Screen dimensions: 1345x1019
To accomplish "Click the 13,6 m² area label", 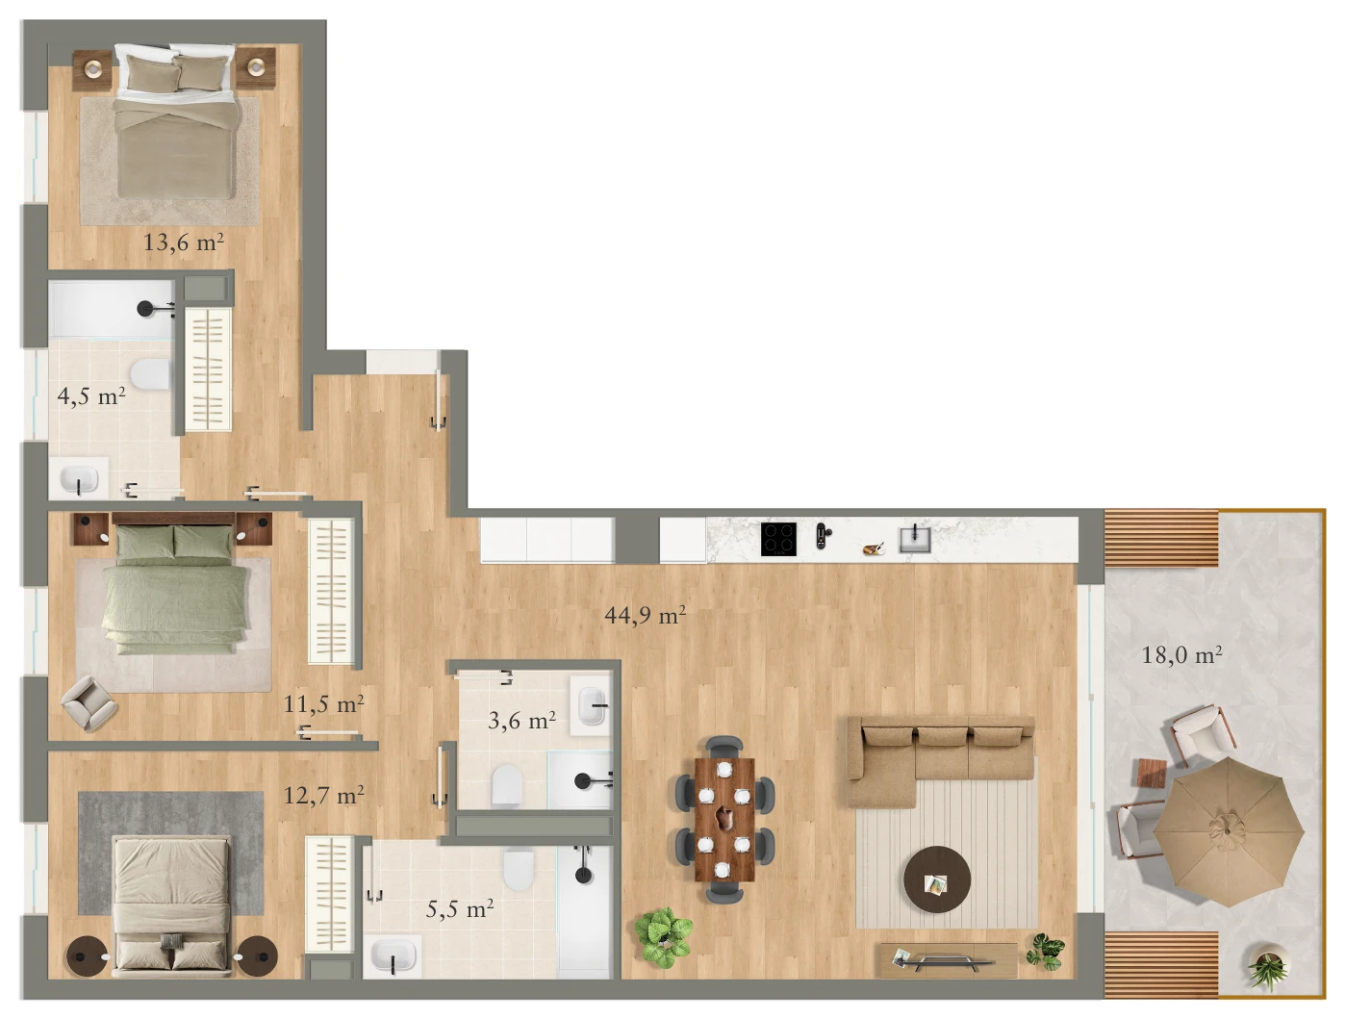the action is point(183,242).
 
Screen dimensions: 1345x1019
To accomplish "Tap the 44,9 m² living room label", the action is point(645,615).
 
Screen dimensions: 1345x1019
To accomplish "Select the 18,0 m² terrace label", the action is point(1182,655).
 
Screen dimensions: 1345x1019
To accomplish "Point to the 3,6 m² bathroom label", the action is point(521,721).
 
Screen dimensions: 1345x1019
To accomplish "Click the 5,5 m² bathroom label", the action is point(460,909).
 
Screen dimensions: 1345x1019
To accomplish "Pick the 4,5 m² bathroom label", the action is point(91,396).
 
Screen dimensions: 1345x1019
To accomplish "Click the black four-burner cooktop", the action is point(778,539).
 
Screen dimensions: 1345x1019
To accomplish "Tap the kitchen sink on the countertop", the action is point(915,540).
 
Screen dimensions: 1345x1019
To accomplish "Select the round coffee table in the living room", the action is point(937,879).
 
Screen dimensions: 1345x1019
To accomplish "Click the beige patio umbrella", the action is point(1228,832).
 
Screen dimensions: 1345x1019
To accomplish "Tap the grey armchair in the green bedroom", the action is point(89,703).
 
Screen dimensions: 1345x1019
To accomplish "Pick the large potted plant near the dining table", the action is point(663,938).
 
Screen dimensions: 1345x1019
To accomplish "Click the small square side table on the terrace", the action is point(1152,774).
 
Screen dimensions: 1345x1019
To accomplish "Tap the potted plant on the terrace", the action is point(1268,970).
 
